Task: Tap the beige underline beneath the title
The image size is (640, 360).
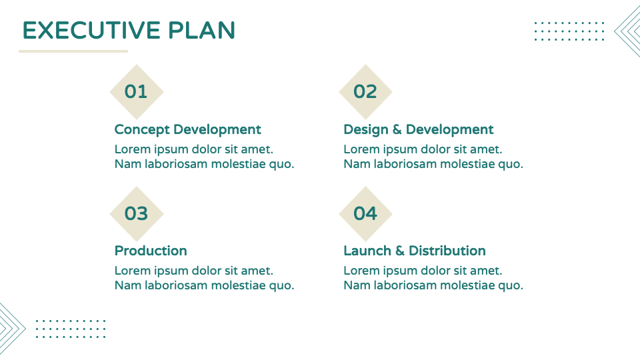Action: click(73, 51)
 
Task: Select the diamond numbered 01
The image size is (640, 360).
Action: click(136, 91)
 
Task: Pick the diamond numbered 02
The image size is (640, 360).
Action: click(365, 91)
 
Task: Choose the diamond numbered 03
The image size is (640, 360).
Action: click(136, 213)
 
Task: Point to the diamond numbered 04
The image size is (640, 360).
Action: click(365, 213)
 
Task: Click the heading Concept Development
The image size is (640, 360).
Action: click(187, 129)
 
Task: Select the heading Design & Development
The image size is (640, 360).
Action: click(418, 129)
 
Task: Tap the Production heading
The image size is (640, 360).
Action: click(151, 251)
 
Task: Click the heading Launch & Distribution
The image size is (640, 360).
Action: click(414, 251)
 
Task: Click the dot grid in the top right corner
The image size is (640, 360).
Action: click(569, 31)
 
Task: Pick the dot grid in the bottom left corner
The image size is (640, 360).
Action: click(70, 329)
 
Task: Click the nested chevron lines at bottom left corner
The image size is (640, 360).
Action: click(11, 327)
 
